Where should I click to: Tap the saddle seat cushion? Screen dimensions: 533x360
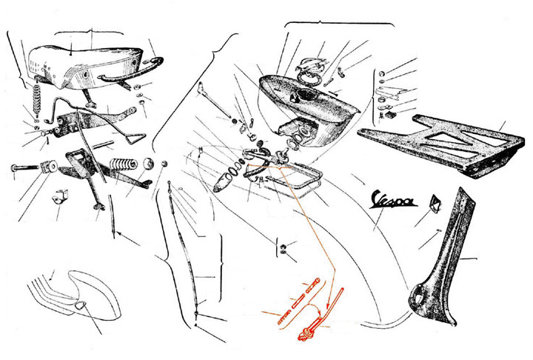pyautogui.click(x=85, y=67)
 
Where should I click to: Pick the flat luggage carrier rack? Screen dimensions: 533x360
pyautogui.click(x=442, y=147)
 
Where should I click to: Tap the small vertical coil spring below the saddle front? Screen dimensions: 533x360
pyautogui.click(x=37, y=99)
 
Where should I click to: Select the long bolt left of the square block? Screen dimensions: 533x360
pyautogui.click(x=24, y=167)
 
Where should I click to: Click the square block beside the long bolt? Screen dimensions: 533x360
pyautogui.click(x=50, y=167)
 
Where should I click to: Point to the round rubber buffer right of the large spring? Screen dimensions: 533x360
pyautogui.click(x=148, y=163)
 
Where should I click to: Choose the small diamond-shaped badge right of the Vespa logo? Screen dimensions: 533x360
pyautogui.click(x=435, y=202)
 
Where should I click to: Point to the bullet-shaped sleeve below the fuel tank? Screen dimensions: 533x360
pyautogui.click(x=222, y=182)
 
